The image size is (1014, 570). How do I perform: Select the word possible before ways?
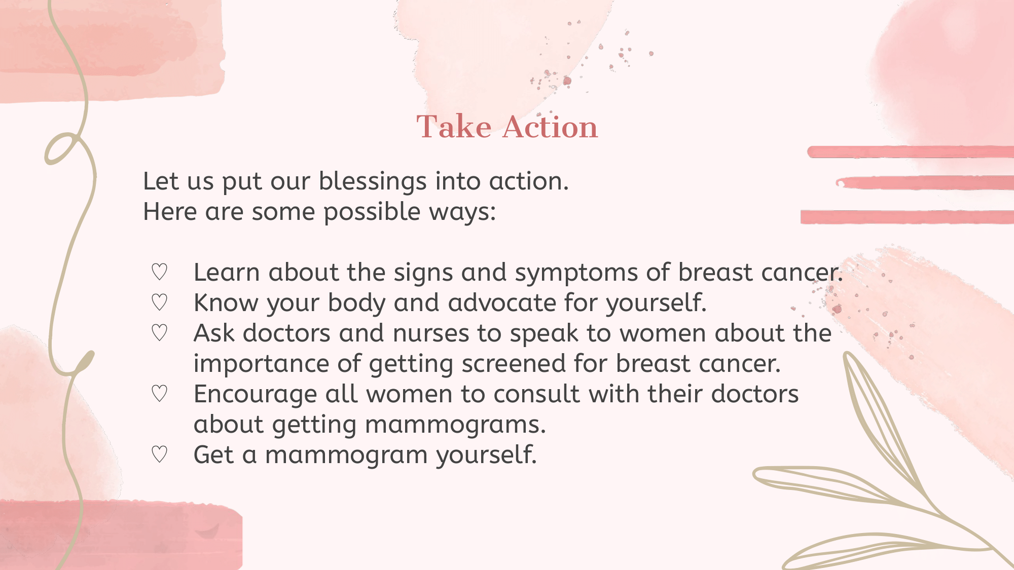(372, 213)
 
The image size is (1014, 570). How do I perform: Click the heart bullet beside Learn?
(159, 272)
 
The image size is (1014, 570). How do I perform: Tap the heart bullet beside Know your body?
(159, 302)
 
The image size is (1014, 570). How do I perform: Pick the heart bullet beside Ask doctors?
(159, 333)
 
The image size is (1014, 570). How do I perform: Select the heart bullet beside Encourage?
(159, 394)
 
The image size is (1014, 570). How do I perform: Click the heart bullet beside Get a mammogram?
(159, 454)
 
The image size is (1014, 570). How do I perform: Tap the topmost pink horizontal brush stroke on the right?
(911, 152)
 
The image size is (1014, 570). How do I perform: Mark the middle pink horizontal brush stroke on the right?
(925, 183)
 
